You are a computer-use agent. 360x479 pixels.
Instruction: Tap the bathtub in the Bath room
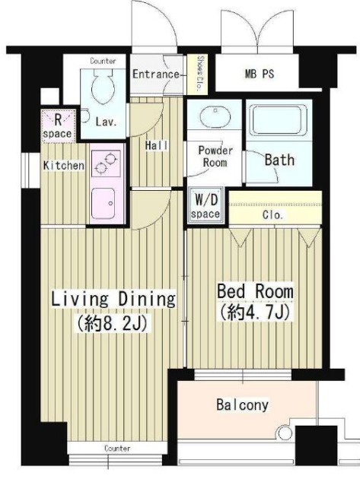click(x=279, y=120)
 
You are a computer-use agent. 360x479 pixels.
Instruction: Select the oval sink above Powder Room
click(x=215, y=116)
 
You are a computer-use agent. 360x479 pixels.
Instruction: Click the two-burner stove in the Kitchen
click(x=106, y=163)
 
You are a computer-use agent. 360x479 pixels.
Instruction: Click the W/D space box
click(x=205, y=207)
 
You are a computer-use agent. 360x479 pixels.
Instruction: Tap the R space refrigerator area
click(x=58, y=126)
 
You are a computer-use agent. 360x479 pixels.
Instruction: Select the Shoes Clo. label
click(x=199, y=74)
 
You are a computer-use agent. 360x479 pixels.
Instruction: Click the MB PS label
click(x=259, y=75)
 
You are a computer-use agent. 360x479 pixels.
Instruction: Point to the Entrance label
click(x=155, y=75)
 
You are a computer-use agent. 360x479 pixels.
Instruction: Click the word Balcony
click(x=242, y=404)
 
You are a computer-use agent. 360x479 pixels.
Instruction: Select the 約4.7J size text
click(x=254, y=312)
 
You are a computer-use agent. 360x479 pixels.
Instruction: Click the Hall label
click(x=157, y=145)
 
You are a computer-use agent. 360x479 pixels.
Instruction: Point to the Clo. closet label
click(x=272, y=215)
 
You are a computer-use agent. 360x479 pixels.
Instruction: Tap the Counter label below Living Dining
click(x=117, y=449)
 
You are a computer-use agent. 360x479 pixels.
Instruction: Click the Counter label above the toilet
click(x=103, y=61)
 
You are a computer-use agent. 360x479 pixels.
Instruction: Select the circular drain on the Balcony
click(x=283, y=433)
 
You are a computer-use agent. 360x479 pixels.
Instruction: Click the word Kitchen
click(x=64, y=166)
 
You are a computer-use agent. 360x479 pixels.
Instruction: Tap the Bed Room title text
click(x=255, y=291)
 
